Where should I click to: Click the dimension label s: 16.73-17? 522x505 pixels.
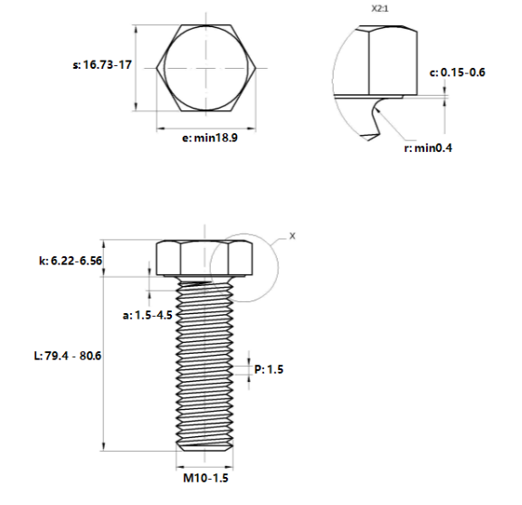101,65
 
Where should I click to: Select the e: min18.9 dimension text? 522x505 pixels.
210,138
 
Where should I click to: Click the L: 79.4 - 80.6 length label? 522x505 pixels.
66,356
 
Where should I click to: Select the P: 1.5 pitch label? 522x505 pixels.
270,369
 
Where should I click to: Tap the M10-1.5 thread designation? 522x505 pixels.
203,478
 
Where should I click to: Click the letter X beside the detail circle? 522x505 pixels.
291,235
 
